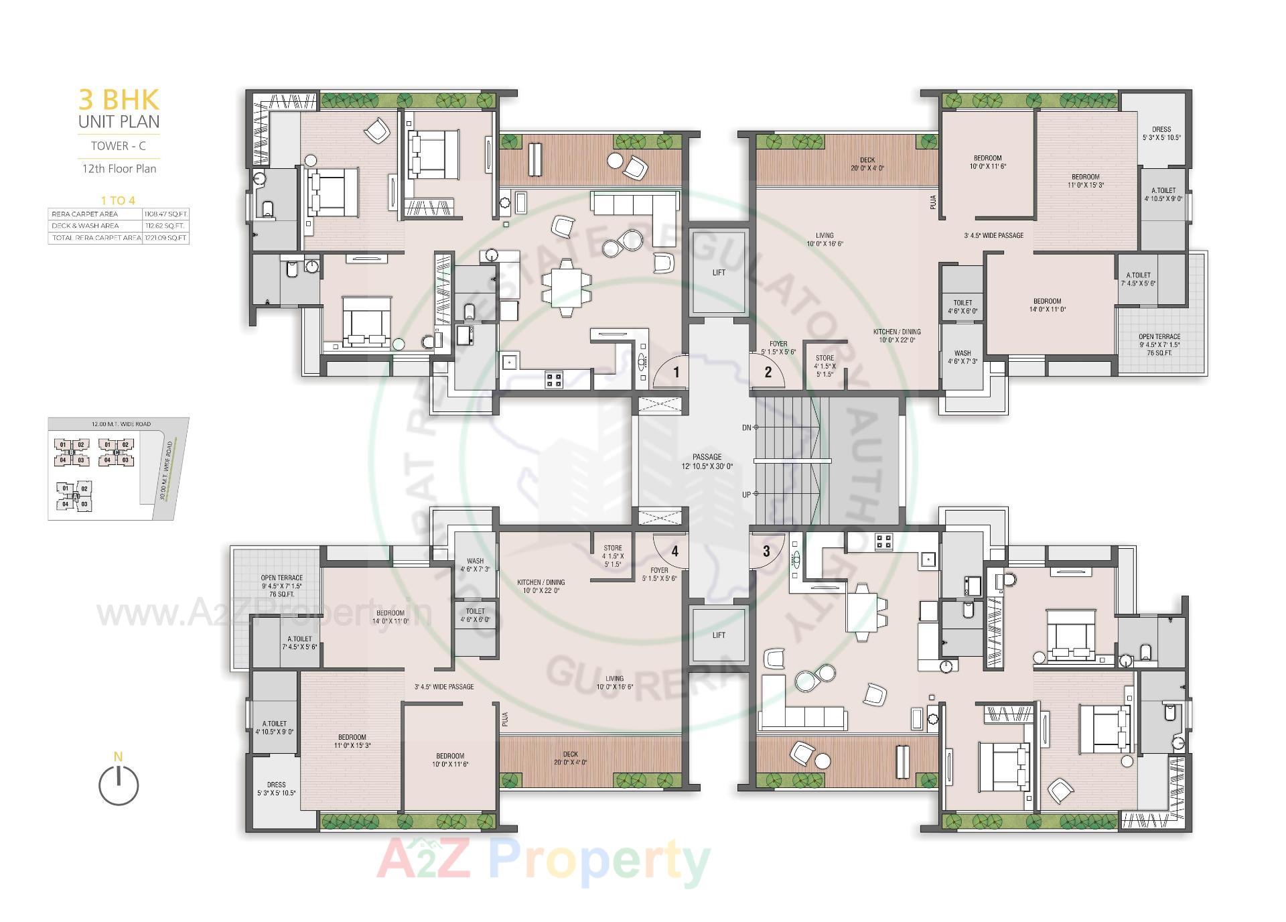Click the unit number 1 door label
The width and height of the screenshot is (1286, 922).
click(x=676, y=372)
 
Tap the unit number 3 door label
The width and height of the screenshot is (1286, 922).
click(x=766, y=551)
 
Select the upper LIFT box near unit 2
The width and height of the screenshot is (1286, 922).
click(x=718, y=272)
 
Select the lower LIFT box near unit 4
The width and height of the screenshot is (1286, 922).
click(x=718, y=635)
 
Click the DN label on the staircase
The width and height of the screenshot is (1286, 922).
click(x=747, y=427)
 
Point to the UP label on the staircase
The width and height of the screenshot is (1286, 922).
click(x=747, y=495)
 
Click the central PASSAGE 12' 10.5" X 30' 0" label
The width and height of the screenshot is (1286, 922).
click(x=707, y=461)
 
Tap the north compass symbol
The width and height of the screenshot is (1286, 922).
click(x=119, y=785)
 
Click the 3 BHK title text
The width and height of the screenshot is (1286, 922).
click(x=119, y=100)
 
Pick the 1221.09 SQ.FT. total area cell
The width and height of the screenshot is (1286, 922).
click(x=166, y=238)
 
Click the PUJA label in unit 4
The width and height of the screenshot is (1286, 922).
click(x=505, y=719)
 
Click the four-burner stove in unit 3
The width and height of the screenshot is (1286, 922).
click(x=884, y=541)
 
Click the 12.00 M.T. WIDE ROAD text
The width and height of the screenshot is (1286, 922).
click(x=121, y=424)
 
